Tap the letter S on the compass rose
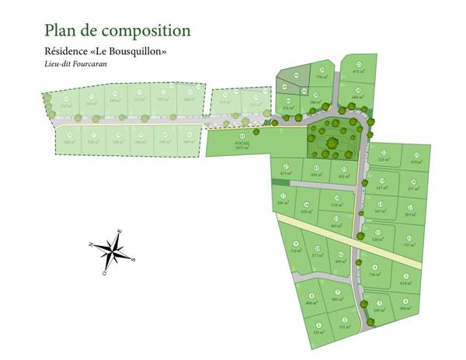point(133,260)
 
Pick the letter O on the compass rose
point(104,272)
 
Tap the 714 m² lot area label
point(295,251)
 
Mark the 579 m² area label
point(416,162)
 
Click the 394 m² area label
point(405,308)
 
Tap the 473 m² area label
point(285,174)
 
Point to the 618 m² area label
point(405,283)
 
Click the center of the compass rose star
point(113,251)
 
